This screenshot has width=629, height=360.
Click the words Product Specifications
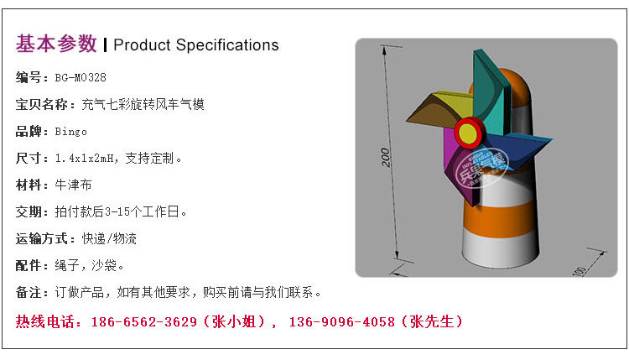pos(195,44)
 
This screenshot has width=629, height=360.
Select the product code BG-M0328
pos(81,78)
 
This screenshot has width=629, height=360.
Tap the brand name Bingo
pos(71,132)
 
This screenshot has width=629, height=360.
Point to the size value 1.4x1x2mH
pos(89,159)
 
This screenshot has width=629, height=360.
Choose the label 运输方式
pos(41,238)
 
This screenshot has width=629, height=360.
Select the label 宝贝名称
pos(41,105)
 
